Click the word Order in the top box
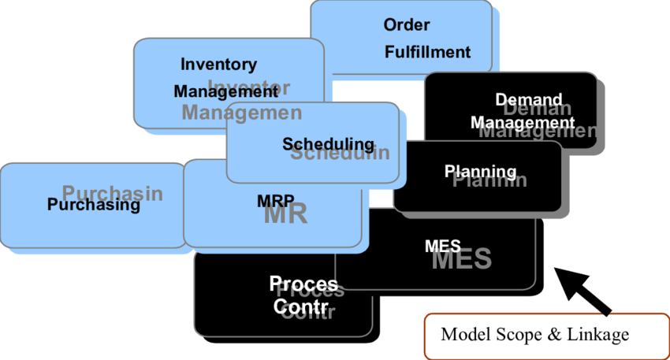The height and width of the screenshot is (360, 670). (407, 25)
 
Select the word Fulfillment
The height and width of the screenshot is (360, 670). (427, 53)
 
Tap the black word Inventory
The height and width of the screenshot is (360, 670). (218, 65)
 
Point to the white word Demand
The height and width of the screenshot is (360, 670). (528, 100)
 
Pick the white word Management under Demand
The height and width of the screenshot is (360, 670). (522, 123)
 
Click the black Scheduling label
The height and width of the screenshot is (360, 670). (328, 144)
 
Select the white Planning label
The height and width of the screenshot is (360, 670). (480, 172)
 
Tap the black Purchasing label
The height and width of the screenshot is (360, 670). (93, 205)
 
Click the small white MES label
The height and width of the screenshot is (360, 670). (442, 247)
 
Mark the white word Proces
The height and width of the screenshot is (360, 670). (303, 284)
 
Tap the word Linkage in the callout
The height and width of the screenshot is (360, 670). (597, 334)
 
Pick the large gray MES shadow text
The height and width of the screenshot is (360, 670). (462, 258)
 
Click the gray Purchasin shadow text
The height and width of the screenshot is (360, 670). (113, 193)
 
